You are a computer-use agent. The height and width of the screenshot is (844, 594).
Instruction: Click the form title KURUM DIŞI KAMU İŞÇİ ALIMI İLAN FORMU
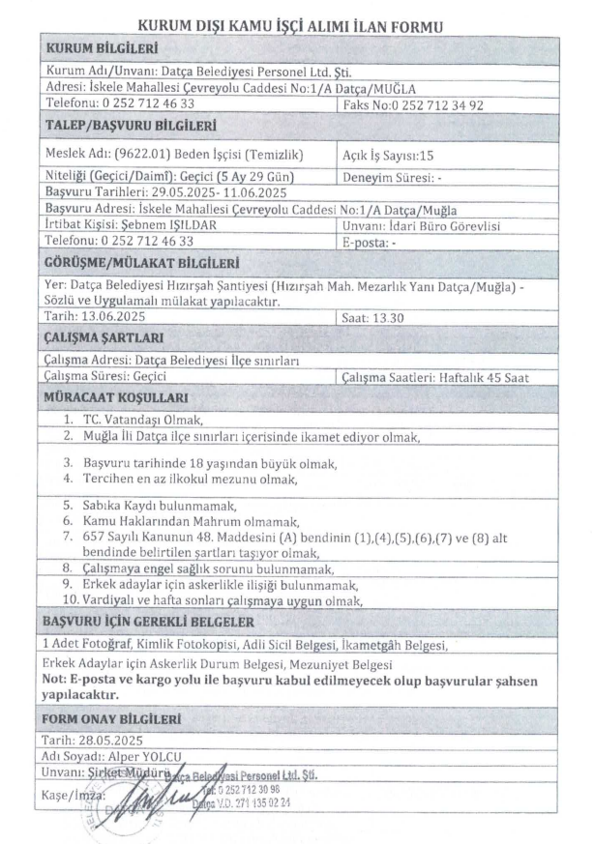[296, 27]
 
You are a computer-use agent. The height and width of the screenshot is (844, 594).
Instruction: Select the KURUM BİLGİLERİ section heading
[101, 48]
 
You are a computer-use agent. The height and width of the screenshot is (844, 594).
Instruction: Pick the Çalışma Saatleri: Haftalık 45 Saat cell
[437, 377]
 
